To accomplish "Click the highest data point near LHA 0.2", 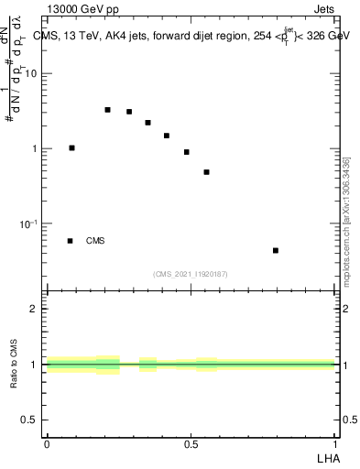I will [x=107, y=110].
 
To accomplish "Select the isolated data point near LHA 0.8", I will [x=276, y=250].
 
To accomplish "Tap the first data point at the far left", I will [x=71, y=147].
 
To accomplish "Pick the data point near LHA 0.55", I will [x=207, y=172].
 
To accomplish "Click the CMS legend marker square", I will [x=70, y=241].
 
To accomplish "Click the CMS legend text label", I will [x=95, y=241].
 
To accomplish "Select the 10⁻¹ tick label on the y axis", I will [x=30, y=224].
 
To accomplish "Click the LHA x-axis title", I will [x=327, y=457].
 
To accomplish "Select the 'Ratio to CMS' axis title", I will [x=13, y=365].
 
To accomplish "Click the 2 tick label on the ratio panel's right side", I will [x=345, y=309].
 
